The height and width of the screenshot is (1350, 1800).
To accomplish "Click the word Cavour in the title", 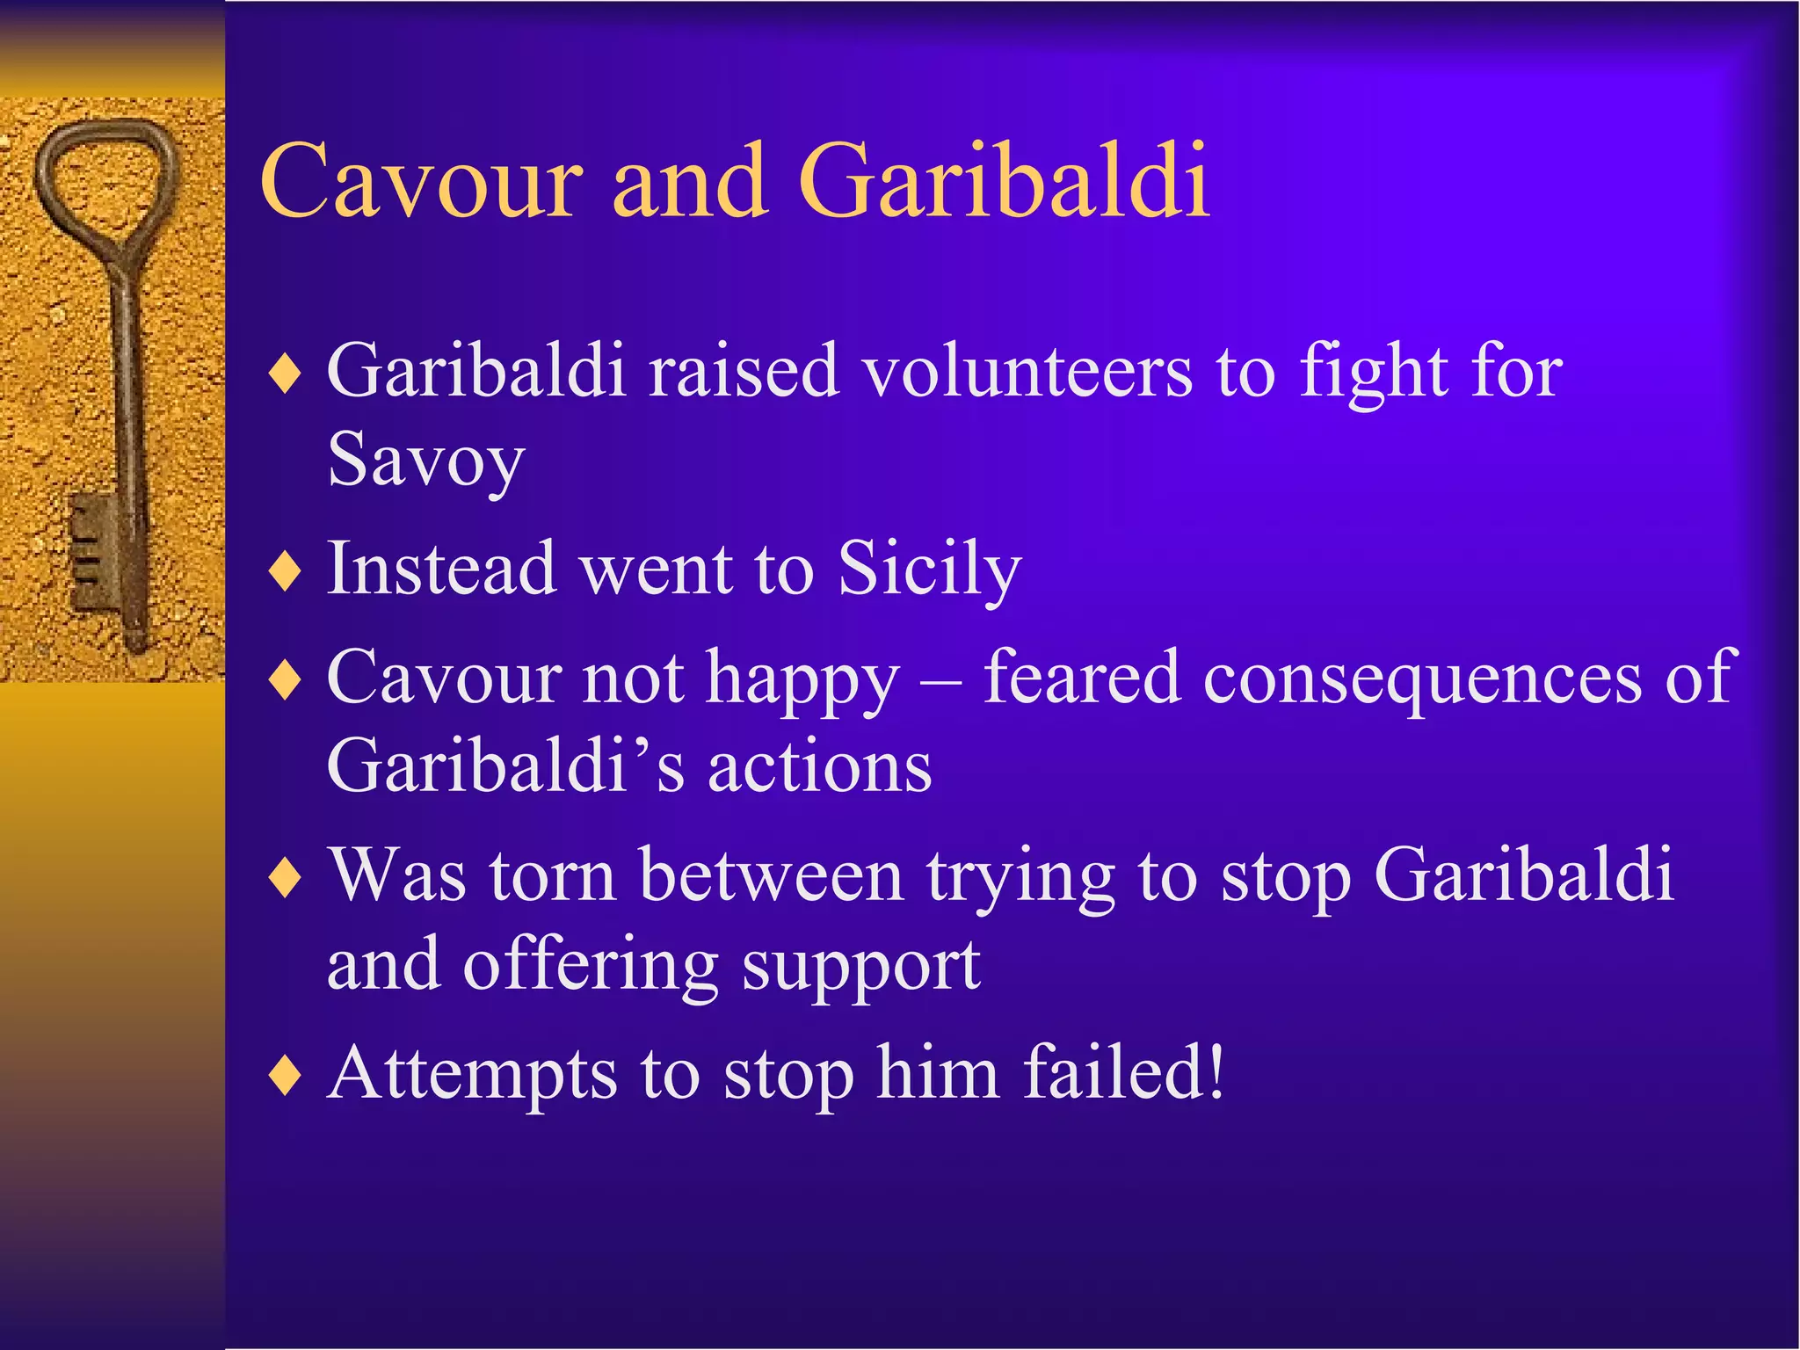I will (x=421, y=181).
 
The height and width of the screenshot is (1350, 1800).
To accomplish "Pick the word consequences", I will (x=1422, y=679).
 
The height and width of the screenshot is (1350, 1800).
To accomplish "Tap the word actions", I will (x=819, y=766).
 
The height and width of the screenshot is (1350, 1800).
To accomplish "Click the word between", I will (x=771, y=876).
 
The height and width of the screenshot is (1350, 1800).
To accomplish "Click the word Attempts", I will (x=472, y=1074).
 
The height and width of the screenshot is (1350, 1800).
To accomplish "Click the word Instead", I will (x=441, y=569).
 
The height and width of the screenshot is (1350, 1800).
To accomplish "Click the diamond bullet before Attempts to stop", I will (x=286, y=1076).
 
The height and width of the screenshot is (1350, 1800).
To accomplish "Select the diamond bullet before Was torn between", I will (x=286, y=878).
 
